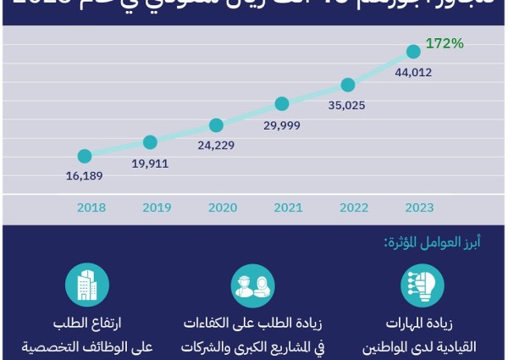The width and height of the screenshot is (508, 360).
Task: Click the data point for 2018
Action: point(84,156)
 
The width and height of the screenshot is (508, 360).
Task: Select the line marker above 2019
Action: point(150,141)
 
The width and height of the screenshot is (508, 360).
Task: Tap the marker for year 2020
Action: point(216,125)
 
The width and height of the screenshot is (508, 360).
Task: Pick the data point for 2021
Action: point(282,104)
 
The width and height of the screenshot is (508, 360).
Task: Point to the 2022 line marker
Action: point(347,84)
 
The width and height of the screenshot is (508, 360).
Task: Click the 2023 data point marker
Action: point(413,51)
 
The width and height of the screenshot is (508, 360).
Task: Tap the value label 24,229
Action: point(216,145)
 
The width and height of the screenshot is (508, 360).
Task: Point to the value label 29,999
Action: point(282,124)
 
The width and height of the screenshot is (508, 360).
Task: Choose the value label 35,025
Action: point(347,104)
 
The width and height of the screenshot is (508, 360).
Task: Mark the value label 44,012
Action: point(413,72)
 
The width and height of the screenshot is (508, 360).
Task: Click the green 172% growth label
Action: point(444,42)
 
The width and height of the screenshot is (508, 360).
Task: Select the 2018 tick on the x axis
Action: point(91,207)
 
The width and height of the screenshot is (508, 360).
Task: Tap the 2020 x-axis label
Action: point(222,207)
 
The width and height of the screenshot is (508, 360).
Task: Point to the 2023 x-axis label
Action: point(420,207)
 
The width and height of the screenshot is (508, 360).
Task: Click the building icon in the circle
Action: point(87,285)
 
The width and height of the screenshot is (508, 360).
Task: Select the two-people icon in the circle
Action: point(253,285)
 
